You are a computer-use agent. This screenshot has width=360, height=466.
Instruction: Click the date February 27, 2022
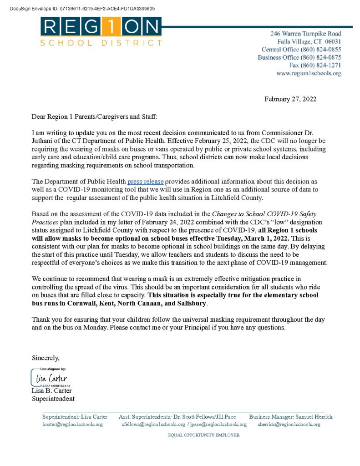290,99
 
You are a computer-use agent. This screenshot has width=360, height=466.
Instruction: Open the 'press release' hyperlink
145,182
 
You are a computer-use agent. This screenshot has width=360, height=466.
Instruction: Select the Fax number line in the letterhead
315,65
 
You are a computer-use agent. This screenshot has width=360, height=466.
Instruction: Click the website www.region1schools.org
309,73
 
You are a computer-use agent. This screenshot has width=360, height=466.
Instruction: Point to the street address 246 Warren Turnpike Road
305,34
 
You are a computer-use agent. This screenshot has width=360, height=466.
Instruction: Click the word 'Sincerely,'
46,357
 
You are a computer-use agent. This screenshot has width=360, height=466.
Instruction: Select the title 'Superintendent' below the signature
53,399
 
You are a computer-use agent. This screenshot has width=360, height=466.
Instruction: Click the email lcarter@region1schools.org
72,424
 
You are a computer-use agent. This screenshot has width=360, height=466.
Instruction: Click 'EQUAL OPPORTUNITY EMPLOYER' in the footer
203,435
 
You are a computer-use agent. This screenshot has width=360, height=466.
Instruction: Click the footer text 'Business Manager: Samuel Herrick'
290,416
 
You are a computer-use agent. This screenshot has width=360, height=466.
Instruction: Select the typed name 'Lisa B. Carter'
51,391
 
